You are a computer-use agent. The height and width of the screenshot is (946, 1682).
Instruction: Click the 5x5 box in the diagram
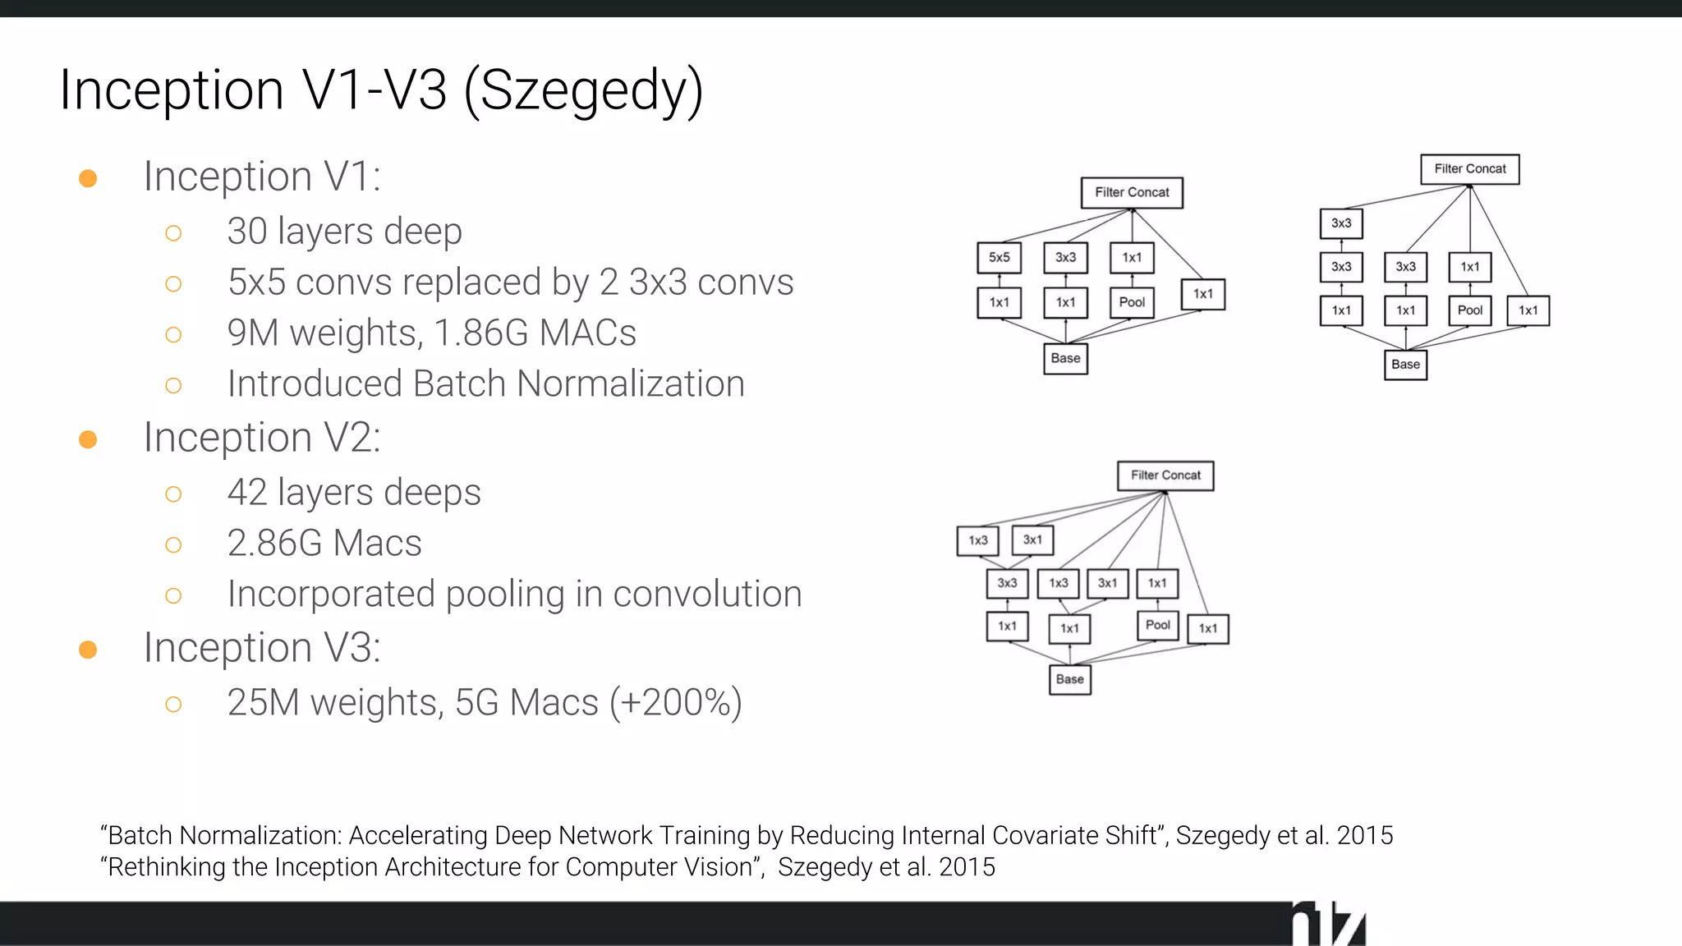point(999,258)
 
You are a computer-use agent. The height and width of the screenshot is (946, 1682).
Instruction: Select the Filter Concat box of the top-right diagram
point(1470,169)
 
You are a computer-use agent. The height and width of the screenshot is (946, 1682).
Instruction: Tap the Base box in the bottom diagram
point(1070,679)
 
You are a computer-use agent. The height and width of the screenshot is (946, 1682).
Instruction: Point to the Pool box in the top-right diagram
point(1469,310)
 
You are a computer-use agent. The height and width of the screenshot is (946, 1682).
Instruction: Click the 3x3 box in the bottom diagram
point(1007,583)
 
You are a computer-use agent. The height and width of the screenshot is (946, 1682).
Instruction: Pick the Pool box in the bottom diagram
point(1157,625)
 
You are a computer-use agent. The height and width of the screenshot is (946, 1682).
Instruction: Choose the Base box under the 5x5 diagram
point(1065,359)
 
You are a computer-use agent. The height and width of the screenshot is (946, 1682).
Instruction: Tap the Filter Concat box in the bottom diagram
point(1165,475)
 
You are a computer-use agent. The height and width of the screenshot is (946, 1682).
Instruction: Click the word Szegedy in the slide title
point(584,90)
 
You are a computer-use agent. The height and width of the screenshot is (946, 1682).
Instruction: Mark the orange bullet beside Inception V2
point(88,439)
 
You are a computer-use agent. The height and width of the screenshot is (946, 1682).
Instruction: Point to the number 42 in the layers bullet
point(247,493)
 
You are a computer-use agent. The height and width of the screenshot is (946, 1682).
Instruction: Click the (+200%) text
point(676,703)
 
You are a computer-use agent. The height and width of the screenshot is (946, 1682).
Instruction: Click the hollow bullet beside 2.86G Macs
point(173,545)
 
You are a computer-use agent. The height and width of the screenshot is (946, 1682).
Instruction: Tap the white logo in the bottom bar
point(1328,925)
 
